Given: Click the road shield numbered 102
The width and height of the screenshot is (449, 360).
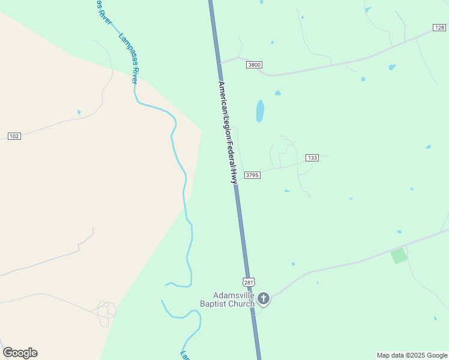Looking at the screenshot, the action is click(14, 136).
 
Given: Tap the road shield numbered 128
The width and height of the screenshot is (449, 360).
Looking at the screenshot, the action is click(439, 28).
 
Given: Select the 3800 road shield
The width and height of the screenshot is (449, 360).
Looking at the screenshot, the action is click(254, 65).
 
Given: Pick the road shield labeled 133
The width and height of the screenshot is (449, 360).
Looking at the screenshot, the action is click(312, 158).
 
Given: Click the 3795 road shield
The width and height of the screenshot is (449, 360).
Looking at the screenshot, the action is click(252, 175).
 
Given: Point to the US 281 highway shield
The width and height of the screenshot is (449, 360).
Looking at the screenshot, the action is click(250, 282).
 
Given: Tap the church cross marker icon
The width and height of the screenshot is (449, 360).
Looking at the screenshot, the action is click(263, 298).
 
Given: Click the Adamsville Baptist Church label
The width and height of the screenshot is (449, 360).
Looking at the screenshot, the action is click(234, 299).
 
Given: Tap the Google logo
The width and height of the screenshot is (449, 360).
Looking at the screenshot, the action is click(20, 353).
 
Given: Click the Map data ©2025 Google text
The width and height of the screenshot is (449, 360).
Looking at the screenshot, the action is click(412, 355).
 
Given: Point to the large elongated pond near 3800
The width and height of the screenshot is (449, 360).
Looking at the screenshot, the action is click(260, 111).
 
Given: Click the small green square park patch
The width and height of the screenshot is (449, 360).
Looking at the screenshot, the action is click(399, 256).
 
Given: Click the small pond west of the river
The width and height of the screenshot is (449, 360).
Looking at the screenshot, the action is click(79, 112).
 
